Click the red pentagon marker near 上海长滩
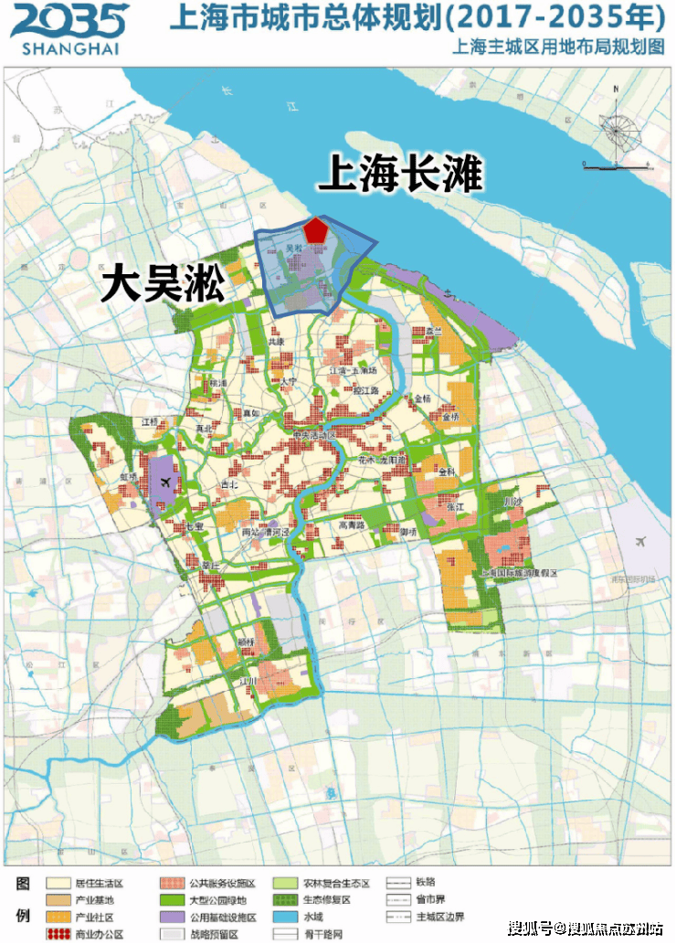pyautogui.click(x=316, y=229)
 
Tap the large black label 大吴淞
pyautogui.click(x=163, y=285)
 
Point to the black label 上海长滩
pyautogui.click(x=399, y=174)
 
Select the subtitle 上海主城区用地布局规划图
pyautogui.click(x=558, y=49)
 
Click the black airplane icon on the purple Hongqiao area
pyautogui.click(x=164, y=483)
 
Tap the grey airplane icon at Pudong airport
pyautogui.click(x=640, y=541)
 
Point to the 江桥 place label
pyautogui.click(x=151, y=421)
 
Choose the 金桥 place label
pyautogui.click(x=422, y=399)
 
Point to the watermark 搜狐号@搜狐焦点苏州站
pyautogui.click(x=586, y=929)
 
